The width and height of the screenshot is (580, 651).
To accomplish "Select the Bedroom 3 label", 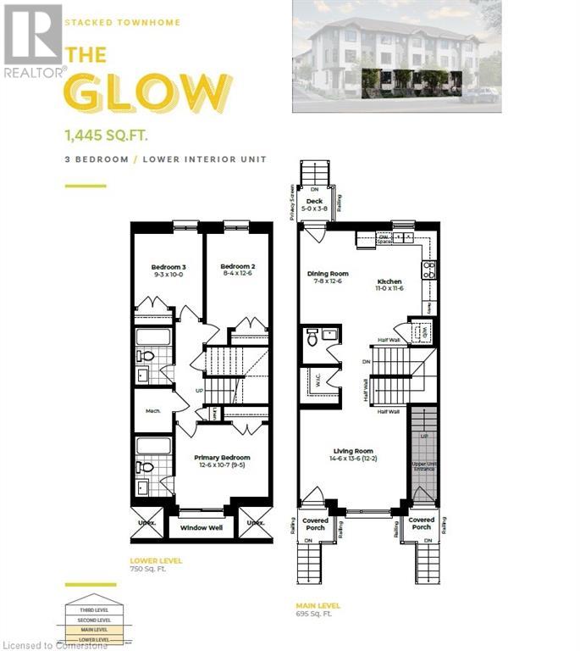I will [168, 271].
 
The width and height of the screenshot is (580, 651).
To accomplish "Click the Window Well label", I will [202, 528].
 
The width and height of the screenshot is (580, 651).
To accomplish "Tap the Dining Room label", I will [328, 277].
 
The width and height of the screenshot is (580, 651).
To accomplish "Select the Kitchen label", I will [389, 285].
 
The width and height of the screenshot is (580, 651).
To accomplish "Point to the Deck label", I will [314, 204].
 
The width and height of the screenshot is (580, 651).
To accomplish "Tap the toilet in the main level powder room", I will [312, 337].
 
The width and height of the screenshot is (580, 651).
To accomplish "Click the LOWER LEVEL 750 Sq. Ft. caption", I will [156, 565].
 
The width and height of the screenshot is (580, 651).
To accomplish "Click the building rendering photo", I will [396, 56].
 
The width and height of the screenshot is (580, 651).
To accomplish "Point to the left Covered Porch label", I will [315, 524].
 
